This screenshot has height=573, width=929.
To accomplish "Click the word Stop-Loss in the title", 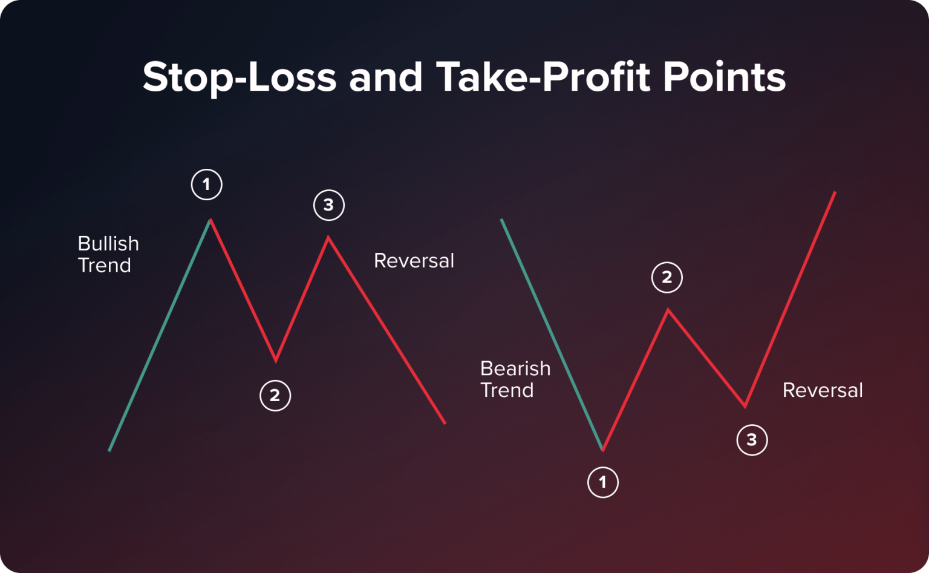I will point(240,77).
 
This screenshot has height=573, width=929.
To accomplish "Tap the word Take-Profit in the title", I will point(543,77).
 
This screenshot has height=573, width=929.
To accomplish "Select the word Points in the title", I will point(724,77).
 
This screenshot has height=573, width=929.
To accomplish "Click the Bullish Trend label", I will point(108,254).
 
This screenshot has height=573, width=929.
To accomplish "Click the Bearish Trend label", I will point(515,379).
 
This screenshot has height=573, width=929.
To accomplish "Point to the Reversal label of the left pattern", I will point(414,261).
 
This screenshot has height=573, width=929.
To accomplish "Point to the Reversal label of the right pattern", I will point(822,390).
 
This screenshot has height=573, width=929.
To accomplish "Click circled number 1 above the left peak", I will point(207,185).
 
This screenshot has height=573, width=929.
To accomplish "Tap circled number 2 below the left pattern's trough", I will point(275,396).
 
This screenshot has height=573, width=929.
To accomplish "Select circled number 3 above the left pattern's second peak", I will point(329,205).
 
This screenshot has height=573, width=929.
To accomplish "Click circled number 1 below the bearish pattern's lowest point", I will point(603,482).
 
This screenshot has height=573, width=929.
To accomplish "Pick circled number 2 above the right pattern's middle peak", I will point(667,278).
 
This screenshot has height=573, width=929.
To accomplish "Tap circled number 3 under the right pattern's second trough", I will point(752,440).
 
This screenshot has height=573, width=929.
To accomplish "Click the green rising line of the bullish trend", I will point(159,336).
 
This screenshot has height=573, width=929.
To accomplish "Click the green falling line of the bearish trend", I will point(552,335).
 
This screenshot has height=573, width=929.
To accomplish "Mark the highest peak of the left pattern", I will point(210,220).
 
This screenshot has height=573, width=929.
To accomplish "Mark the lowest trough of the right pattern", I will point(603,450).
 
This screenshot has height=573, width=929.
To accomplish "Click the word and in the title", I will point(385,77).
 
